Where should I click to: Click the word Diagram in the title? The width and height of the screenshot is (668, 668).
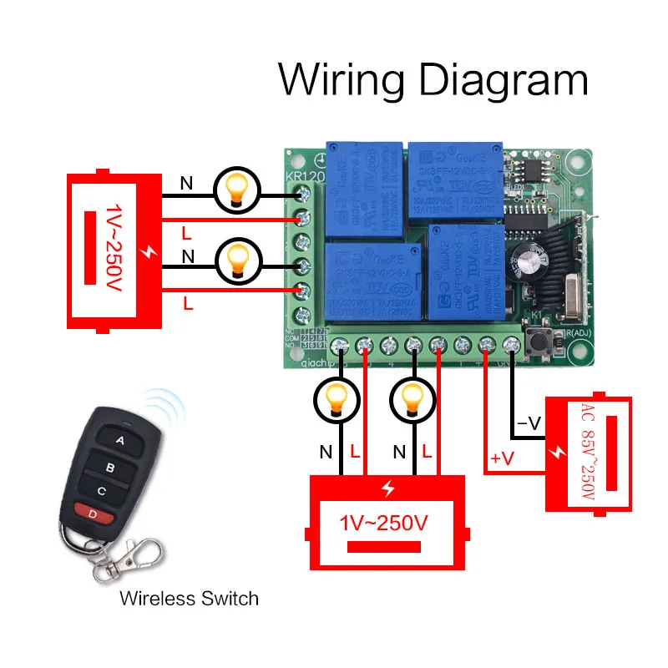coord(502,81)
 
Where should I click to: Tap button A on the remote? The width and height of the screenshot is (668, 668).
coord(119,439)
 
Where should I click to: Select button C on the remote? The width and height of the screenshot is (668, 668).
coord(102,490)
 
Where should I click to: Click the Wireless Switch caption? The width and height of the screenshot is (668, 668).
coord(189,598)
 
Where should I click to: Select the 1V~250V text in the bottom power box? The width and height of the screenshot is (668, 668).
coord(385,524)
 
